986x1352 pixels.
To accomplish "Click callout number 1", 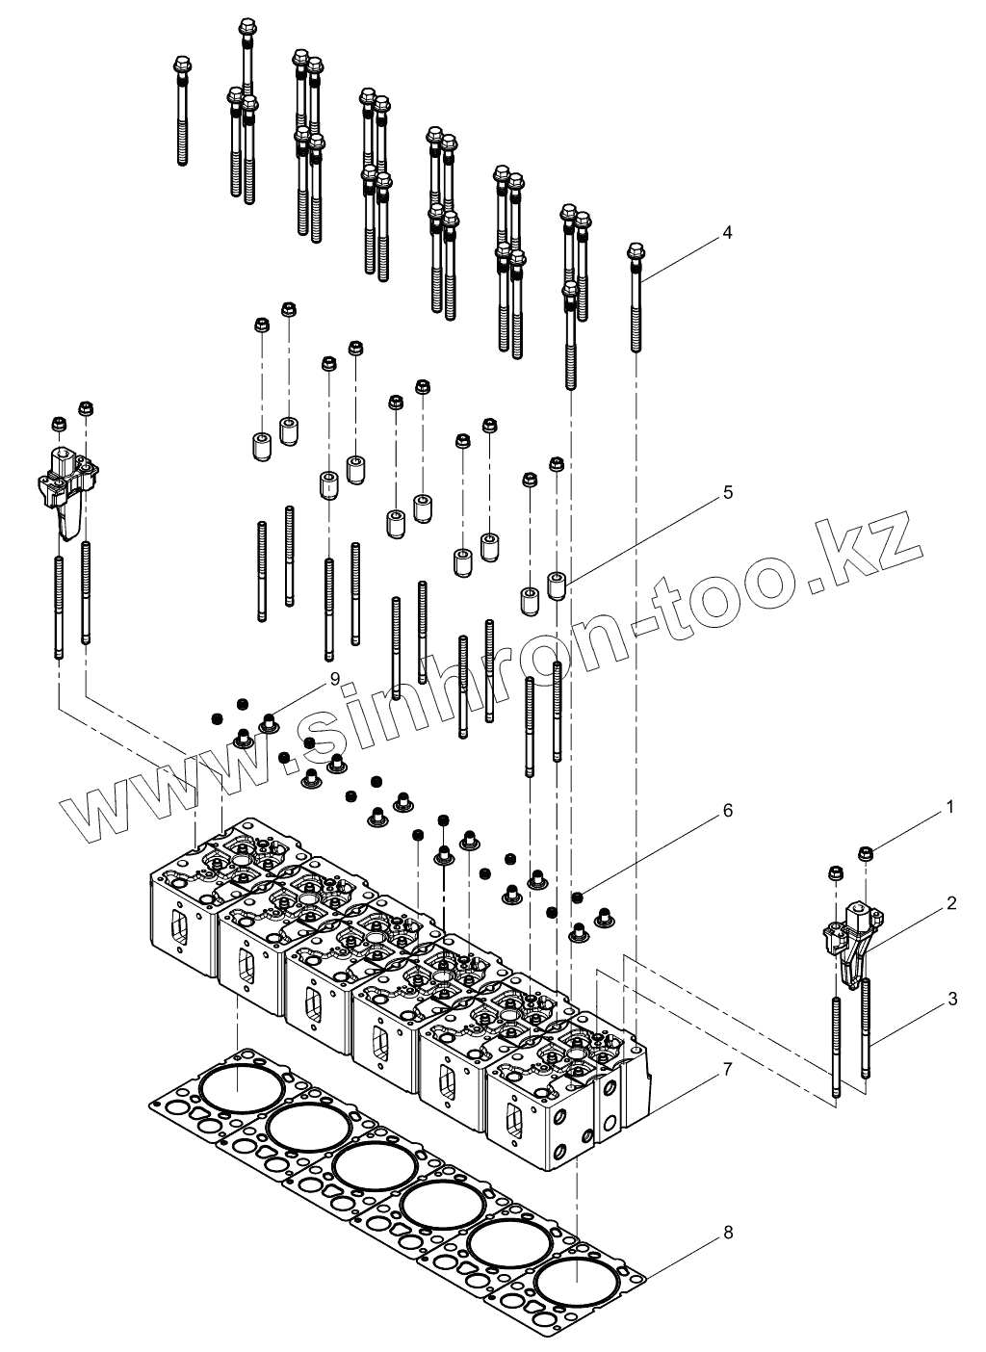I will click(x=949, y=807).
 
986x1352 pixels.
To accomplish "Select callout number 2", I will click(x=950, y=903).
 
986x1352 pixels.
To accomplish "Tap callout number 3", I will click(x=951, y=999).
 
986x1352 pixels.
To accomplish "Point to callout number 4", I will click(x=728, y=232).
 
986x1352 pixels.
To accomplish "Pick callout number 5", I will click(x=728, y=492).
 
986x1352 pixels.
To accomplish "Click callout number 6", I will click(x=728, y=811).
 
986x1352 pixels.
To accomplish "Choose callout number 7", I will click(x=728, y=1069).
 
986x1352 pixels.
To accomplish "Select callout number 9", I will click(x=334, y=679).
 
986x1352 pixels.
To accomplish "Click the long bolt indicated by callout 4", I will click(x=636, y=299).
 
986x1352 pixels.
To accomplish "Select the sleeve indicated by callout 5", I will click(x=556, y=585).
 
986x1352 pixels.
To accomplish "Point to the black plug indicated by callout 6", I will click(x=577, y=897).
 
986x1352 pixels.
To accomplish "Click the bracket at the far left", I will click(x=68, y=483).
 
